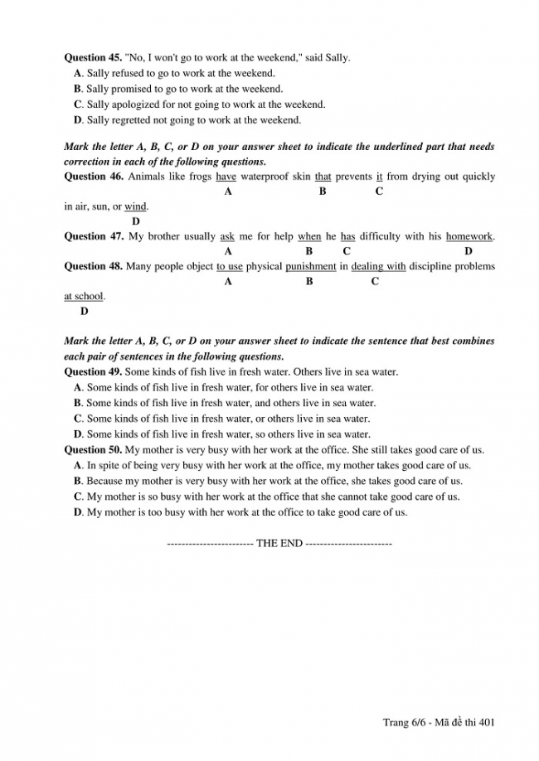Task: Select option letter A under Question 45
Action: tap(77, 73)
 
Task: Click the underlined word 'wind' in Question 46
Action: tap(135, 206)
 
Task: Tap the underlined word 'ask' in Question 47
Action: tap(227, 236)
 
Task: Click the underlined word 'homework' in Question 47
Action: tap(469, 236)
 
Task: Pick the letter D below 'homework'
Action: tap(468, 251)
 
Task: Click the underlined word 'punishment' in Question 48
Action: tap(311, 266)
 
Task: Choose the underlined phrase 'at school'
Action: tap(84, 296)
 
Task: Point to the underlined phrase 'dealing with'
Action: tap(378, 266)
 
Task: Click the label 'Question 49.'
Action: tap(92, 371)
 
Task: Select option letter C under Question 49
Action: tap(78, 419)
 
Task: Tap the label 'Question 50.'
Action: tap(92, 449)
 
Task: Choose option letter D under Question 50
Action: tap(78, 512)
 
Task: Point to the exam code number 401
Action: tap(487, 723)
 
